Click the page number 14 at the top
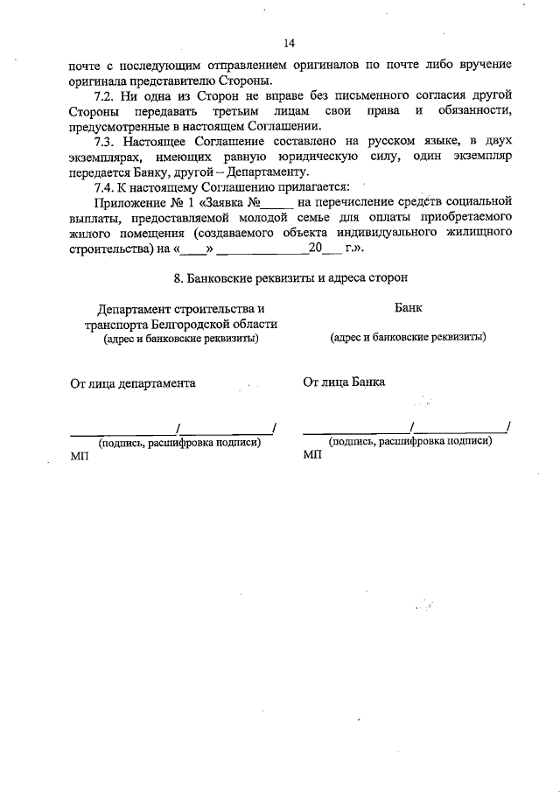coord(290,44)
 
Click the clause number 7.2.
coord(109,94)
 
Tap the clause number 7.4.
coord(109,186)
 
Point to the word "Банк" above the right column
coord(408,308)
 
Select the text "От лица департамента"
coord(133,382)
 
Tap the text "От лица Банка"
coord(344,382)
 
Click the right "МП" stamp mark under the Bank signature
coord(312,456)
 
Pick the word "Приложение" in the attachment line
coord(130,202)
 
